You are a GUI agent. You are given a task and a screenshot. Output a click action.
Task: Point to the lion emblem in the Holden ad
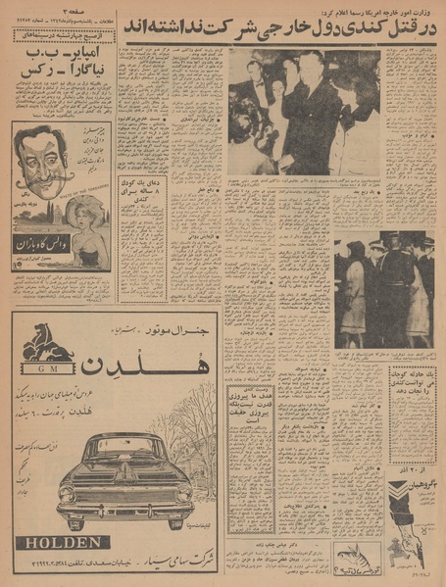(x=48, y=343)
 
